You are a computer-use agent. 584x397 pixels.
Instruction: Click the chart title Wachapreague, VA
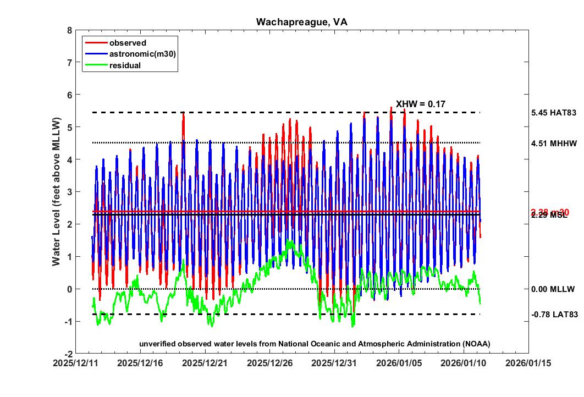point(301,22)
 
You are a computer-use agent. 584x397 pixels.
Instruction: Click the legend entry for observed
point(128,43)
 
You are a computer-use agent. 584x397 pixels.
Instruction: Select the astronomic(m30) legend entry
point(142,54)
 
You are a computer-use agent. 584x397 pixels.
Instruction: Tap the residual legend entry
point(125,65)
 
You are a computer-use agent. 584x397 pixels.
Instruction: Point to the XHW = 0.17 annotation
point(421,103)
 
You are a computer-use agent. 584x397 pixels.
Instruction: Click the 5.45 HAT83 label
point(554,113)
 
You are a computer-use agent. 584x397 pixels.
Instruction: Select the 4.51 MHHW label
point(554,143)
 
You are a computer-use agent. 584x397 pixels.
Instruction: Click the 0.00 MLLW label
point(553,289)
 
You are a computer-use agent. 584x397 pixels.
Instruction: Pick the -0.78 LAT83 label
point(554,315)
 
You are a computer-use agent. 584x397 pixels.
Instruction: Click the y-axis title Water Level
point(56,191)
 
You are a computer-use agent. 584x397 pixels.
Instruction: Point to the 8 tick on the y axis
point(69,31)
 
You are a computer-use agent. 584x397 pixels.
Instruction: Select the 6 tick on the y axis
point(69,95)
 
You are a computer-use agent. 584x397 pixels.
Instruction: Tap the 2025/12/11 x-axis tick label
point(76,363)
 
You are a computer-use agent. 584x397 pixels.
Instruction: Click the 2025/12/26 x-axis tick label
point(270,363)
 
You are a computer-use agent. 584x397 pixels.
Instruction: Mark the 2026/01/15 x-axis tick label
point(528,363)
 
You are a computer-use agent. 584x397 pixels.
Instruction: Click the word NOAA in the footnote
point(477,344)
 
